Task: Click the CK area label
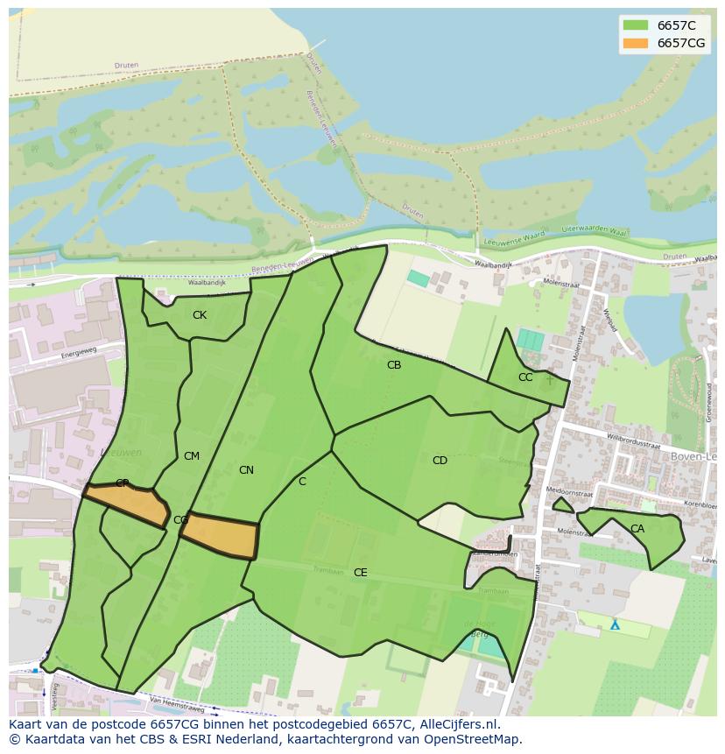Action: (200, 315)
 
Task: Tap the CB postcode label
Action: (394, 365)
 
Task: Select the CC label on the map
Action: (525, 377)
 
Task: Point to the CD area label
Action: (440, 461)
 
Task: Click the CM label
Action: (192, 456)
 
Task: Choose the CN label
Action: (246, 470)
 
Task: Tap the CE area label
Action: (360, 573)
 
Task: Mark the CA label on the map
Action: (637, 529)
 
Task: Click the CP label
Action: (123, 483)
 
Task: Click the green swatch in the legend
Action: (635, 25)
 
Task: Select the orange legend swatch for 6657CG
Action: (635, 43)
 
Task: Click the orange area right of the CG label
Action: (221, 535)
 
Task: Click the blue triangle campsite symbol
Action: (615, 625)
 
